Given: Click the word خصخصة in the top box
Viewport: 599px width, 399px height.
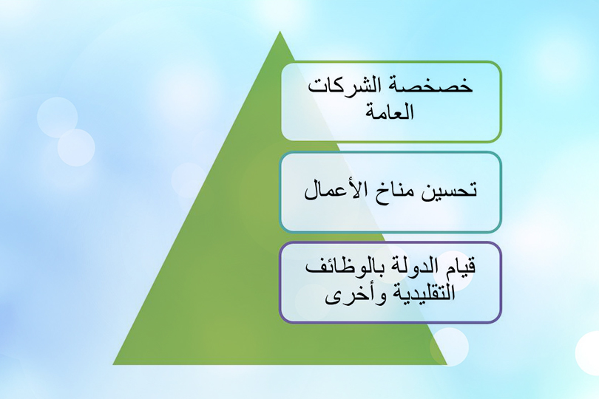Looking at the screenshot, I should click(x=441, y=86).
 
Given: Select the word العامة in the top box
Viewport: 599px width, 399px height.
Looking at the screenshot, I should click(x=390, y=114).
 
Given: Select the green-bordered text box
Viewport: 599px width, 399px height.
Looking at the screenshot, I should click(x=390, y=101).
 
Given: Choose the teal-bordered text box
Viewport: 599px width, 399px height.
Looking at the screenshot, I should click(x=390, y=192).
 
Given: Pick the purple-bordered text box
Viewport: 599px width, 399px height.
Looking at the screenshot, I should click(x=390, y=282).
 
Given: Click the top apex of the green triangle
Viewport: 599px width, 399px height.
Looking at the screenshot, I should click(x=280, y=33).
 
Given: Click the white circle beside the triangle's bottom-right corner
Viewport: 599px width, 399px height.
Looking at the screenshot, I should click(x=450, y=346).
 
